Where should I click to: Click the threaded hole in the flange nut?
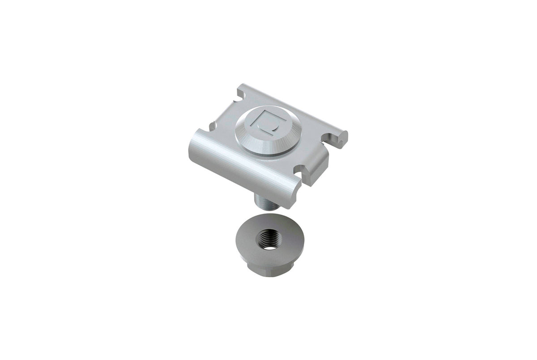click(268, 240)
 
